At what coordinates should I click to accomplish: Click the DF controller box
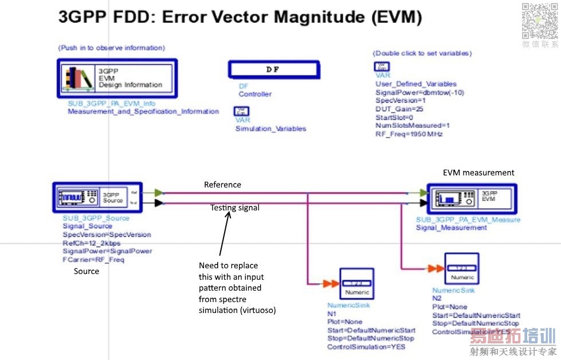[273, 69]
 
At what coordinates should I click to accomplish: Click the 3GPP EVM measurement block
[472, 198]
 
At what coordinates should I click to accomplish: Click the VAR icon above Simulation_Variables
[241, 112]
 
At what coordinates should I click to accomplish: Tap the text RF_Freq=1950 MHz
[409, 134]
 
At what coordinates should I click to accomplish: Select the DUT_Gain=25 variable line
[399, 109]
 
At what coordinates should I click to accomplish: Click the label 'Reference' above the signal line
[222, 185]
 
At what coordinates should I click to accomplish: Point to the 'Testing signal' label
[234, 208]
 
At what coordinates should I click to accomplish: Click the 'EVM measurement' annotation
[478, 173]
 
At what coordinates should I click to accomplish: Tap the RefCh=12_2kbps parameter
[92, 243]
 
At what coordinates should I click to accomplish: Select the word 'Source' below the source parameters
[87, 271]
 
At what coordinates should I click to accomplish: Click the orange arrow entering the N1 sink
[331, 284]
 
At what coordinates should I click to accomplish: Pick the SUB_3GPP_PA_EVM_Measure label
[468, 220]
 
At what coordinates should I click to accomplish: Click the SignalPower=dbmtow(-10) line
[419, 92]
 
